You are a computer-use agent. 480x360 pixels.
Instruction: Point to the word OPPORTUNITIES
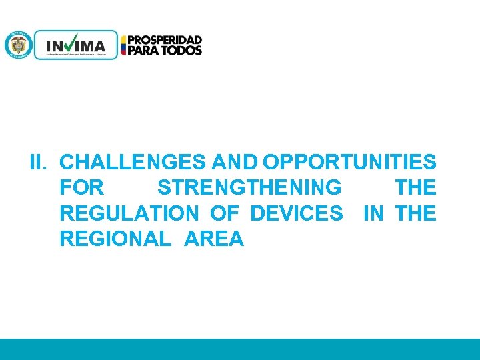pos(350,162)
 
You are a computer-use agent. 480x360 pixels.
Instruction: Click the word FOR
pos(81,187)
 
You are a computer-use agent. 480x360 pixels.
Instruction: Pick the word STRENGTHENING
pos(249,187)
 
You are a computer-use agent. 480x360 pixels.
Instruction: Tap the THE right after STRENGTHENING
pos(415,187)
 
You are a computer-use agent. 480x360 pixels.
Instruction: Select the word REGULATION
pos(129,213)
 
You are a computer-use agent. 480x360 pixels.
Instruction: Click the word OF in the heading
pos(224,213)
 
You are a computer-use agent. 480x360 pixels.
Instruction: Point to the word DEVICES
pos(297,213)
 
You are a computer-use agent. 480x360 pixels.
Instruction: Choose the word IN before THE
pos(373,213)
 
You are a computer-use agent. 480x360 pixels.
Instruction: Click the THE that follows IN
pos(415,213)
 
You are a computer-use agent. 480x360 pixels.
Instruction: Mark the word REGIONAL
pos(115,239)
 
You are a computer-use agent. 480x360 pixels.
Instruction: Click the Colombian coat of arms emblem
pos(18,45)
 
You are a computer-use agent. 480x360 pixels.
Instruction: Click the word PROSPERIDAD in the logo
pos(165,40)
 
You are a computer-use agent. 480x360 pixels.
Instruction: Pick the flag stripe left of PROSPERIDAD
pos(123,45)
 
